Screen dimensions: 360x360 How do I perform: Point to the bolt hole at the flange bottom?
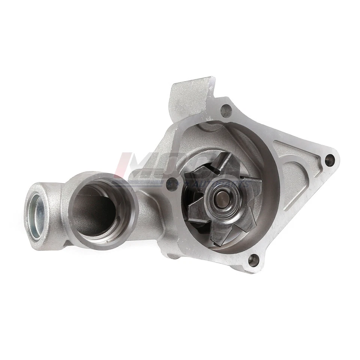[253, 259]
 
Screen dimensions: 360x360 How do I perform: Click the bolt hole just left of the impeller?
[172, 184]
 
